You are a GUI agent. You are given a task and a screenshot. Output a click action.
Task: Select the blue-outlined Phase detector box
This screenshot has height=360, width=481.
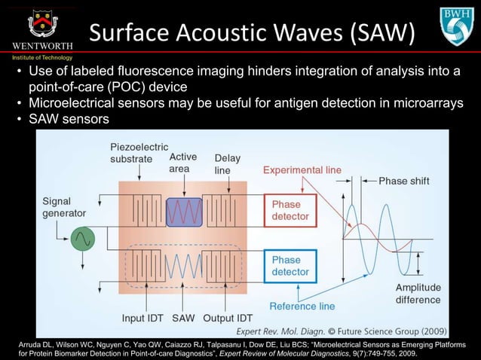pos(286,266)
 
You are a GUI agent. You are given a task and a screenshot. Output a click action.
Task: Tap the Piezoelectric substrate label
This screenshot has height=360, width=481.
pos(139,153)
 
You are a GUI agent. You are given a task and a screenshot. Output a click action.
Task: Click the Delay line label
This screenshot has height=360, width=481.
pos(227,164)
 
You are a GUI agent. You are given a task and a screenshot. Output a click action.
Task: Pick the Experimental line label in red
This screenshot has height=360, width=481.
pos(302,171)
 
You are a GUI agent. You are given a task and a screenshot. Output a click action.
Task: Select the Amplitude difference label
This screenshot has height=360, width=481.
pos(418,294)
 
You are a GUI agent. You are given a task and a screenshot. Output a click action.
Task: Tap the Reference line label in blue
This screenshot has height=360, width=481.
pos(302,306)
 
